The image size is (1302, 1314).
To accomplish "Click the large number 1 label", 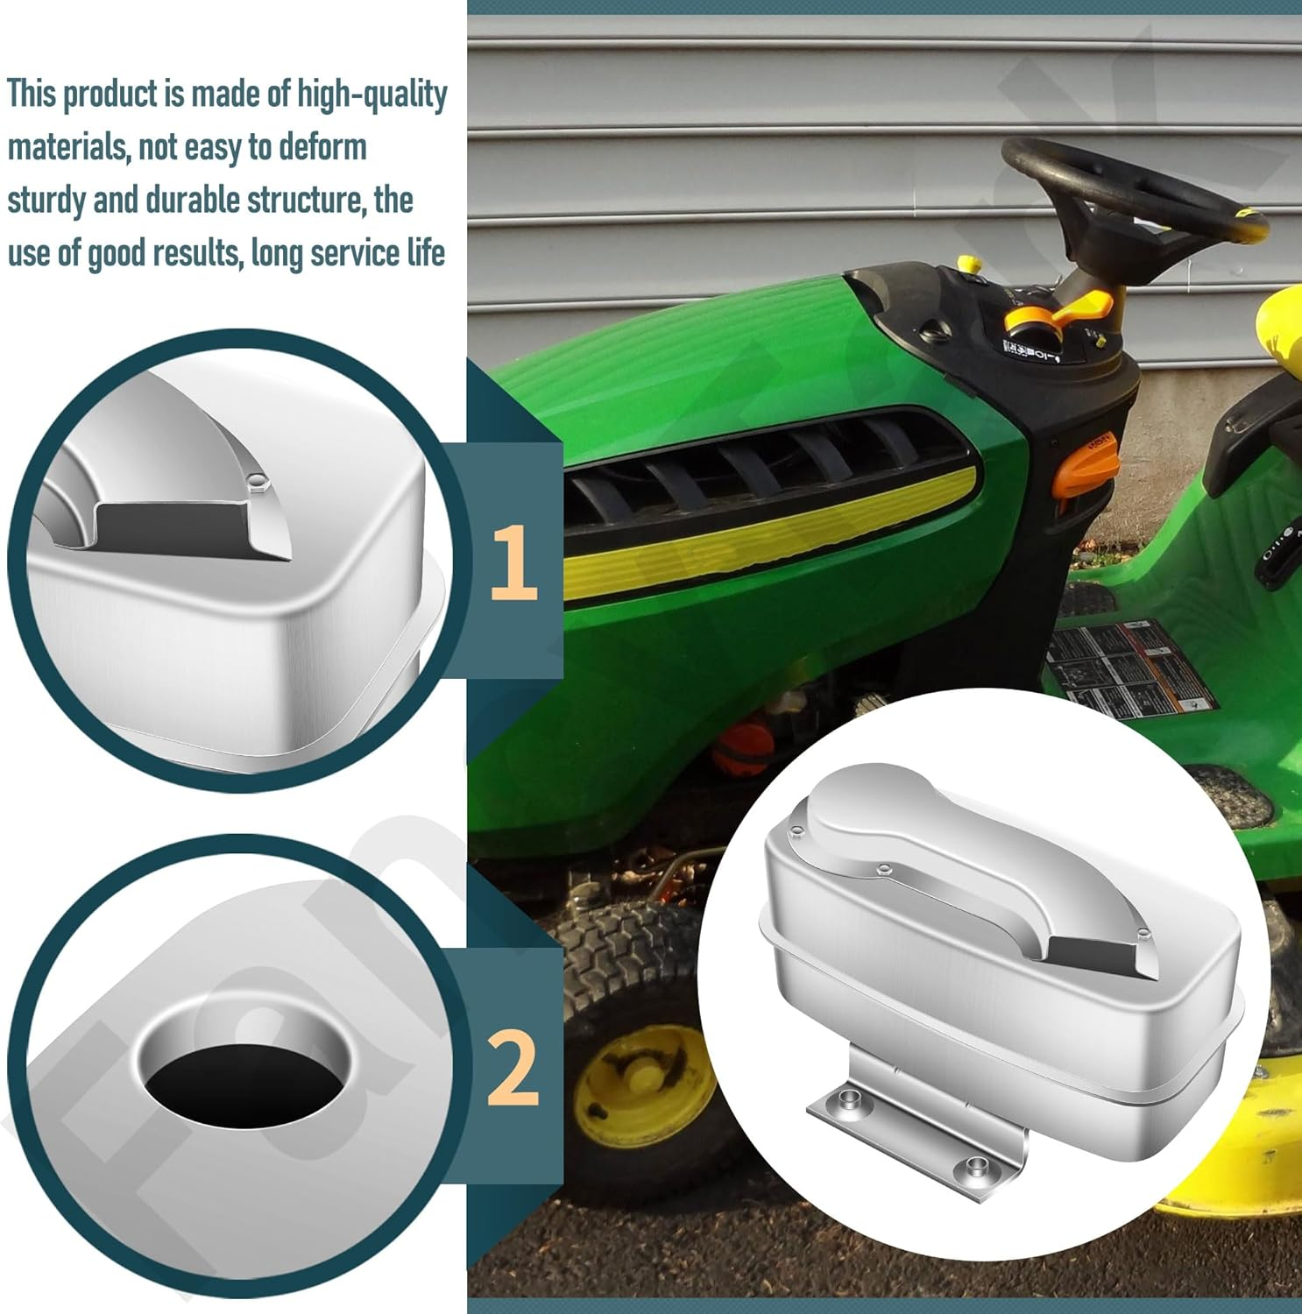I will point(513,562).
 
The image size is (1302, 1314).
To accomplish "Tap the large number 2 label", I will point(513,1068).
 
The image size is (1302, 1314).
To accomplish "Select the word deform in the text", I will point(322,147).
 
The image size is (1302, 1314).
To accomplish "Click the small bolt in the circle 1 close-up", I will point(257,480).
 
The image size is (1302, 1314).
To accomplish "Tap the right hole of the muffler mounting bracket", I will point(975,1166).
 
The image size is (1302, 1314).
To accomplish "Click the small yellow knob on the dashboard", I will point(967,263).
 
